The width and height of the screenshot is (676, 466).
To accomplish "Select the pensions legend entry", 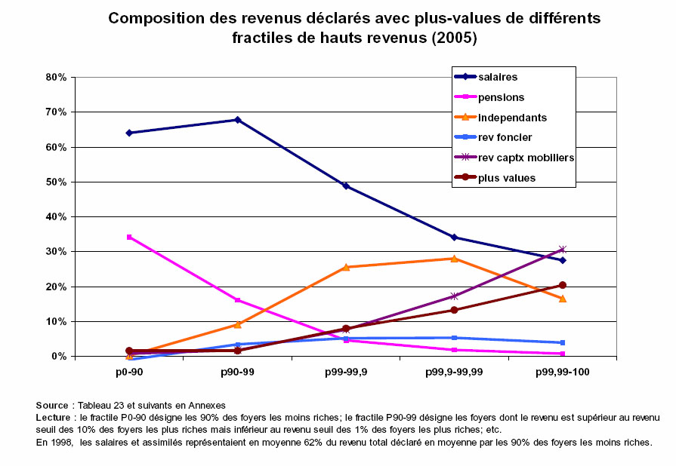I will pyautogui.click(x=501, y=97).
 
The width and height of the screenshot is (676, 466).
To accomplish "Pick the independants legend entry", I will pyautogui.click(x=512, y=118).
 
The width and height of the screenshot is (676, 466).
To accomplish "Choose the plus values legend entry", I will pyautogui.click(x=507, y=178).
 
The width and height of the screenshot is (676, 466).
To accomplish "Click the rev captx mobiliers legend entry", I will pyautogui.click(x=526, y=158).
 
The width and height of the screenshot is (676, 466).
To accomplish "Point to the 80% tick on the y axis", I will pyautogui.click(x=57, y=77).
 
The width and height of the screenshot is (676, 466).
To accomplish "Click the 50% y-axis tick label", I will pyautogui.click(x=57, y=182).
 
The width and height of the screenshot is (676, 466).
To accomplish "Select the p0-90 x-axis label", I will pyautogui.click(x=129, y=373).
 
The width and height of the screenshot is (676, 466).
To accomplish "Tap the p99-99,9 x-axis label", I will pyautogui.click(x=345, y=373).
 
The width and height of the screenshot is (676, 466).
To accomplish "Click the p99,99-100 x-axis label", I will pyautogui.click(x=563, y=373).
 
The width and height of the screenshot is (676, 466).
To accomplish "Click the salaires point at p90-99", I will pyautogui.click(x=237, y=120).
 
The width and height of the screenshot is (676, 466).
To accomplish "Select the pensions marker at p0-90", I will pyautogui.click(x=129, y=237).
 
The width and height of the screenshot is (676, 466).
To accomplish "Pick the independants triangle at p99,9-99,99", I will pyautogui.click(x=454, y=259).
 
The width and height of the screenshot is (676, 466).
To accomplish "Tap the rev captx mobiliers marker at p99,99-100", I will pyautogui.click(x=562, y=249).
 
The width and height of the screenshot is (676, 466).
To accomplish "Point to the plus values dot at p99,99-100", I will pyautogui.click(x=562, y=285).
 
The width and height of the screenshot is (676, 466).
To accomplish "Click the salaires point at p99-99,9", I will pyautogui.click(x=346, y=185).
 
